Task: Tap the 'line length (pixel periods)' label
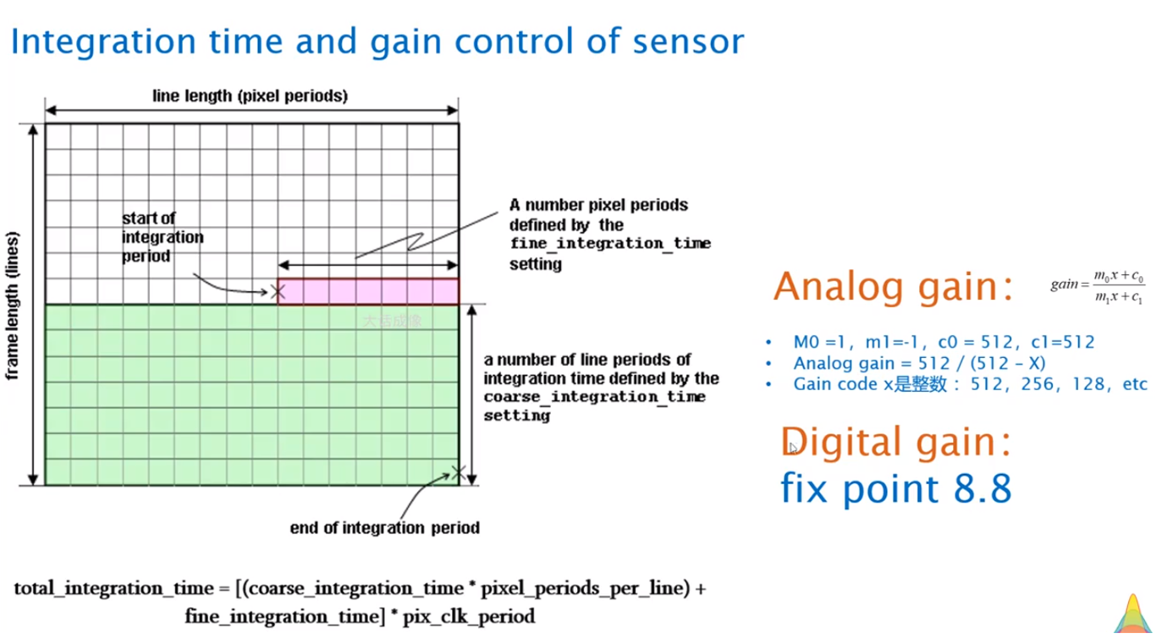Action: click(x=250, y=96)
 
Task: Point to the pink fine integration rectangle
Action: click(x=368, y=291)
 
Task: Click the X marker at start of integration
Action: click(x=277, y=292)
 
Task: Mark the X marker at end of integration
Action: click(x=458, y=472)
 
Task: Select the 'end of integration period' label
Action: click(x=384, y=528)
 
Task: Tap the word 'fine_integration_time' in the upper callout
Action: click(x=609, y=244)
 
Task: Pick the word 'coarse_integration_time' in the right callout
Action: click(x=594, y=397)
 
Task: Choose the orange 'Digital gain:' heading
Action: click(x=896, y=442)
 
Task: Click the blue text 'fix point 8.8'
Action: click(x=895, y=488)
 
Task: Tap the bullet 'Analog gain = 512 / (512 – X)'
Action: click(x=919, y=363)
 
